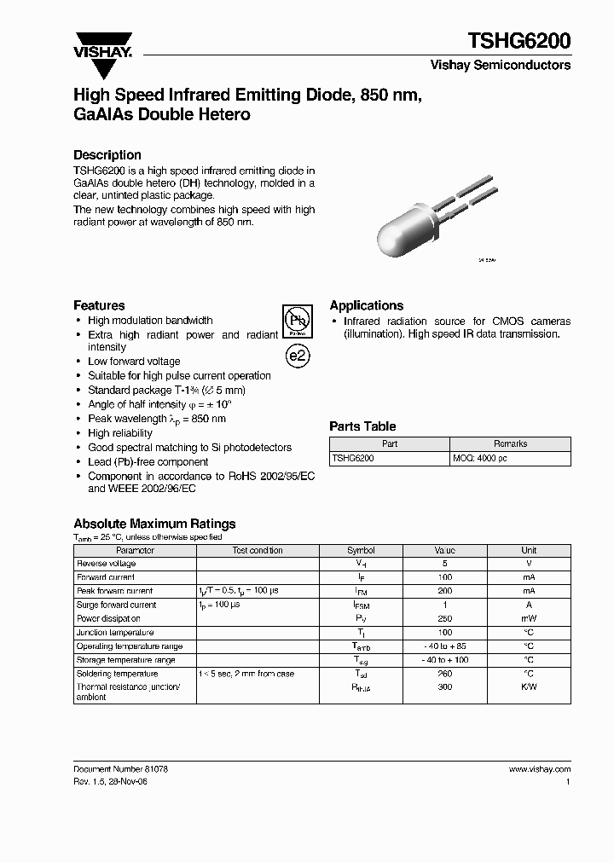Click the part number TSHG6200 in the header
point(518,40)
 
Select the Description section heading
point(107,155)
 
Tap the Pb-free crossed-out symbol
point(297,321)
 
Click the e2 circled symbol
point(297,356)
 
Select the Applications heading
point(367,305)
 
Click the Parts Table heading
point(362,426)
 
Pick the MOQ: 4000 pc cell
point(481,459)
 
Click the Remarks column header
point(510,444)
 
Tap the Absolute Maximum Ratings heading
point(154,524)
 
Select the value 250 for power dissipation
point(444,619)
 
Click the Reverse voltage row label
point(107,565)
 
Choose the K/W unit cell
point(529,687)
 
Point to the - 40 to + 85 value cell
point(444,646)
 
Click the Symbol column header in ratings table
point(361,551)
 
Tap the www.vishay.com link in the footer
point(539,769)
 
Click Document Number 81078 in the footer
point(120,769)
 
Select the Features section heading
point(99,305)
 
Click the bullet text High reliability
point(120,433)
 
